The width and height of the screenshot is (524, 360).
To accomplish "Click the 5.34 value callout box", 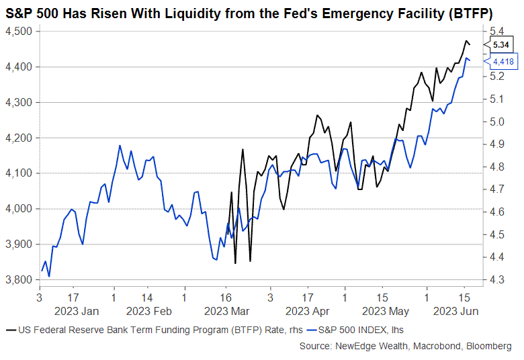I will [502, 45].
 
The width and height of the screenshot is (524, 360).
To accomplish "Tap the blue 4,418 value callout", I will [505, 62].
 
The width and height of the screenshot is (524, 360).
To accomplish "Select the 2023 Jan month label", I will [76, 311].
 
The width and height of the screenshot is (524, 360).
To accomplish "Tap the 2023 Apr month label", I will [307, 311].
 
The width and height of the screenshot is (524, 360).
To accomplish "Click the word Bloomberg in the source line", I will [487, 346].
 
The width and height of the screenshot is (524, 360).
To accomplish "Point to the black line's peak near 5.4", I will [466, 41].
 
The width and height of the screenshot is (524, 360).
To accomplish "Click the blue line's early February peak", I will [120, 145].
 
